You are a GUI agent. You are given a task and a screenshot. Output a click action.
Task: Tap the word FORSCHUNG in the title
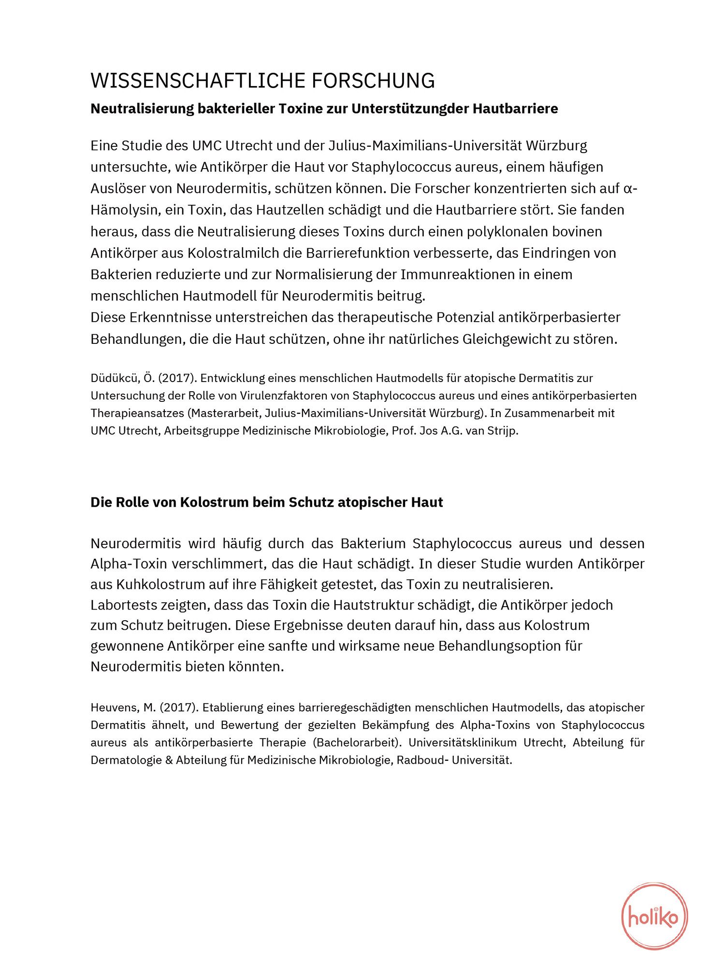point(373,81)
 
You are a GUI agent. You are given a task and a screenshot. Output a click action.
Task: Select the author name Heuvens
point(115,708)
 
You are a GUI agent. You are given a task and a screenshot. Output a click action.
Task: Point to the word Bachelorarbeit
point(358,742)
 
